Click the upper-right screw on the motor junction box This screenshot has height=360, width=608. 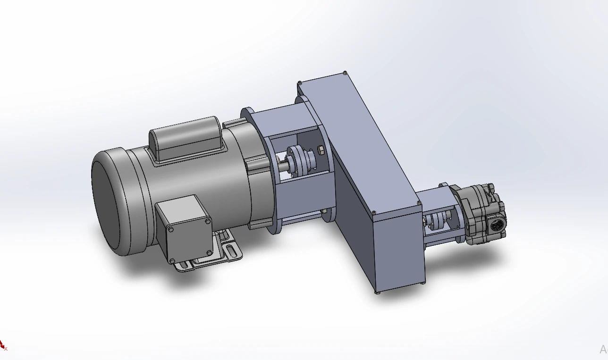pyautogui.click(x=208, y=220)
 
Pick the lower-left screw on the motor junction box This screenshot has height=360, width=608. pyautogui.click(x=172, y=260)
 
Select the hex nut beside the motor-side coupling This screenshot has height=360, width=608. pyautogui.click(x=320, y=151)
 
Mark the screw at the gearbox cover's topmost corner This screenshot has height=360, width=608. pyautogui.click(x=346, y=73)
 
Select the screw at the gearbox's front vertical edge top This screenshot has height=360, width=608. pyautogui.click(x=373, y=213)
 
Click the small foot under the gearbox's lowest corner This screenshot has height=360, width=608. pyautogui.click(x=378, y=293)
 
